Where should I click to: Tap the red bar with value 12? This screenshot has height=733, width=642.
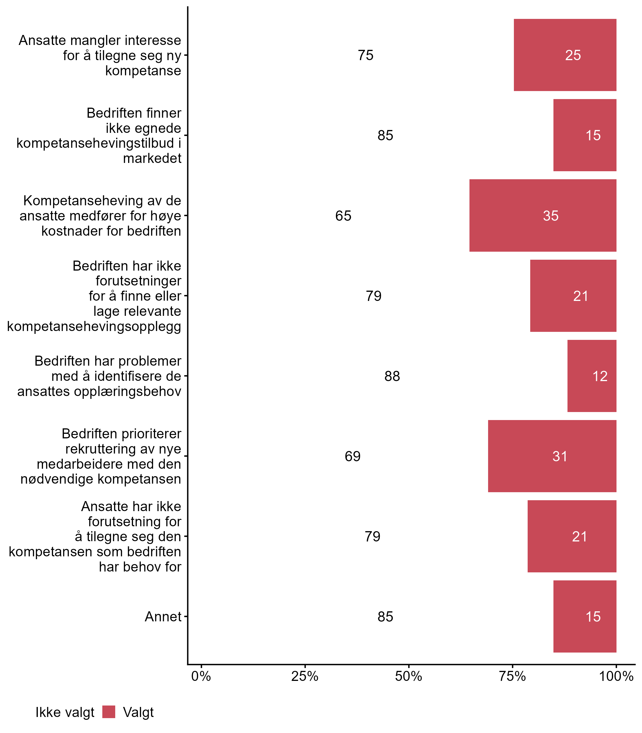coord(592,376)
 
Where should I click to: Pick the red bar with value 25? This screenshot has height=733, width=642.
coord(565,55)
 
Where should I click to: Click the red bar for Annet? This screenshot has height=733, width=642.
coord(584,616)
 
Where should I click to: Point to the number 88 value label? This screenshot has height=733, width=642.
coord(392,376)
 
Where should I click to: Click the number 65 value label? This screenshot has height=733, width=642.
coord(343,216)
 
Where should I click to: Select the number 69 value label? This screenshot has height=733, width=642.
coord(353,456)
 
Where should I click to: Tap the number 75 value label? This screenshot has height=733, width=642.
coord(365,56)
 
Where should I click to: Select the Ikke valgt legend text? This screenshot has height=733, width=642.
coord(65,712)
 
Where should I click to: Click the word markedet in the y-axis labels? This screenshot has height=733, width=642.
coord(152,158)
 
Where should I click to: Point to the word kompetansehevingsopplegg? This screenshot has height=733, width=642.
coord(94,326)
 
